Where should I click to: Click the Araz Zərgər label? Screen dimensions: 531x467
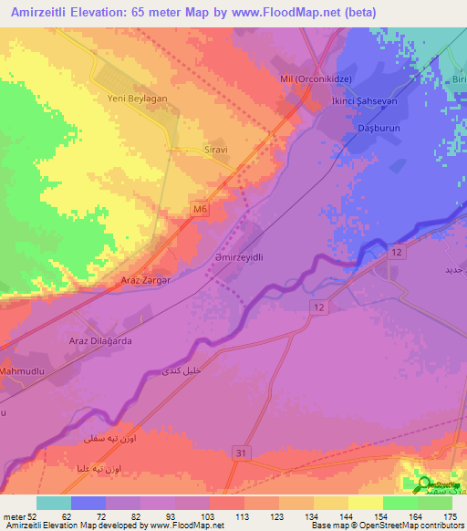[140, 279]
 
